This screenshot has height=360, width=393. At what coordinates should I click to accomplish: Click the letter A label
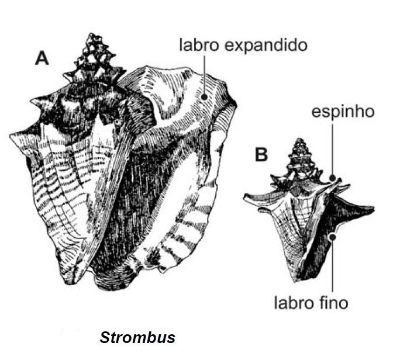coord(42,58)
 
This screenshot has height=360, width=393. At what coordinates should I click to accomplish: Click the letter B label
coord(261,155)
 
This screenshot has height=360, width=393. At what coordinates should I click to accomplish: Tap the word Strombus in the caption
coord(137,337)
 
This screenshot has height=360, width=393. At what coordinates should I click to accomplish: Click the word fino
coord(334,303)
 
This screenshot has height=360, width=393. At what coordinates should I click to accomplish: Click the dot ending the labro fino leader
coord(333,237)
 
